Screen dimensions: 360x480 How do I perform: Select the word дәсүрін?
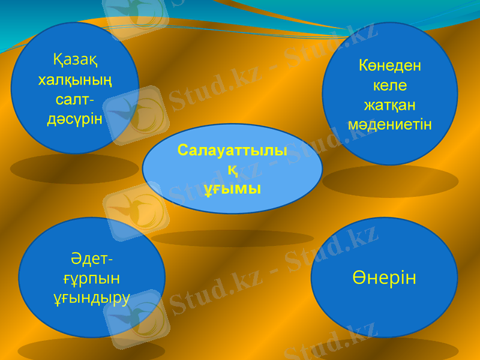click(x=75, y=118)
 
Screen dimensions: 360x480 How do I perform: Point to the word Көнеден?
click(x=390, y=65)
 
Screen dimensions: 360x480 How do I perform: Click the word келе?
click(x=390, y=85)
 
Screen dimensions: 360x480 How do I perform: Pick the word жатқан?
click(x=390, y=105)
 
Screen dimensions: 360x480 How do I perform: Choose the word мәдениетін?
click(x=390, y=125)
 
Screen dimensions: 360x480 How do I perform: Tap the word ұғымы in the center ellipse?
click(x=232, y=189)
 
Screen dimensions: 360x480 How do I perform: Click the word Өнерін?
click(x=384, y=278)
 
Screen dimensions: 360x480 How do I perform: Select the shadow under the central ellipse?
click(x=232, y=238)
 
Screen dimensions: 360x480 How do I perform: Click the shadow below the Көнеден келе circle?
click(x=390, y=181)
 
